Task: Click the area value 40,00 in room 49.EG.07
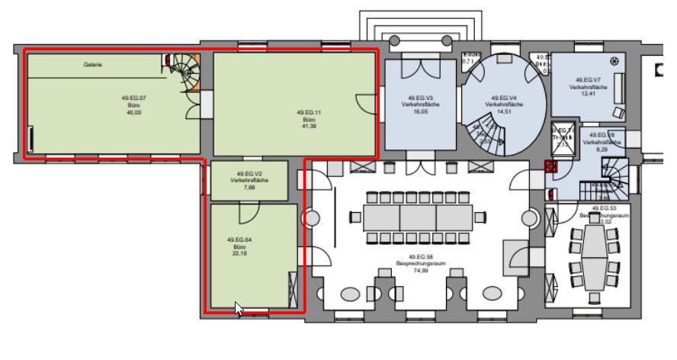click(x=133, y=112)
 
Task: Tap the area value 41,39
click(x=308, y=126)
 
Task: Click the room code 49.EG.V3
click(x=420, y=98)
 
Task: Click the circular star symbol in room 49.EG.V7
click(x=614, y=61)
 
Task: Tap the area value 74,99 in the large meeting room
click(x=421, y=270)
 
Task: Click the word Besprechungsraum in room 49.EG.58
click(x=421, y=263)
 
